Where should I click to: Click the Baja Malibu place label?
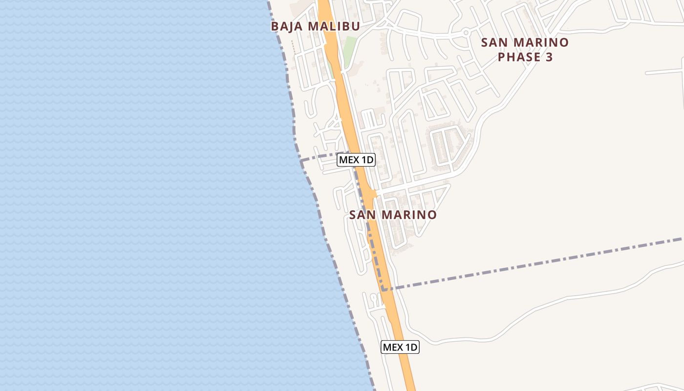[x=315, y=26]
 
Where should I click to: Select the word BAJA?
[x=286, y=26]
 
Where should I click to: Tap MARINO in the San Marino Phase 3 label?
[x=542, y=43]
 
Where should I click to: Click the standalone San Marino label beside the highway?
[x=393, y=215]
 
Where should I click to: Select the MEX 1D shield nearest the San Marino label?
[x=356, y=160]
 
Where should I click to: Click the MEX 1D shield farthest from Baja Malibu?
[x=400, y=347]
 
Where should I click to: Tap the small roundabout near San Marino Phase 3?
[x=466, y=33]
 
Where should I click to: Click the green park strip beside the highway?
[x=350, y=49]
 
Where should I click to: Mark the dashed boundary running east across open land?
[x=537, y=264]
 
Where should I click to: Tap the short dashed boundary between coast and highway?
[x=318, y=157]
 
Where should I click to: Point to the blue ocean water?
[x=147, y=195]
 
